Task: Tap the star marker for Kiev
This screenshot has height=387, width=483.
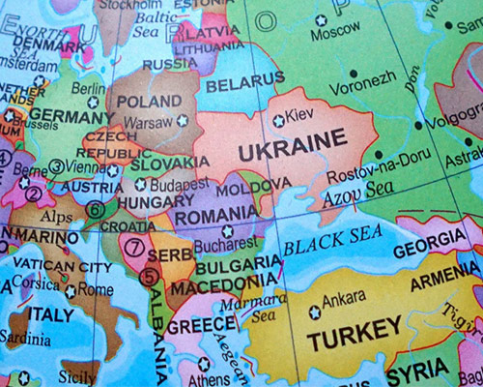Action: click(279, 121)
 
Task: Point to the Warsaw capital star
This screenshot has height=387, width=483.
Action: click(183, 121)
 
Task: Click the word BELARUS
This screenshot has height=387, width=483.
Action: click(245, 85)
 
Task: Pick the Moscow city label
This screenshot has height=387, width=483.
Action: click(335, 32)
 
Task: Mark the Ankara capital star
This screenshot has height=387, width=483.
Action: click(315, 313)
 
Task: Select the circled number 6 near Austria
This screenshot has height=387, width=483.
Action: click(96, 208)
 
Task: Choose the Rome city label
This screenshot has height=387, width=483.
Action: click(96, 288)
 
